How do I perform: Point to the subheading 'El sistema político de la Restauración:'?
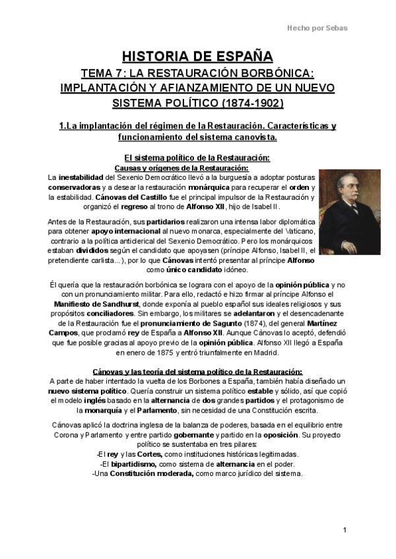coord(197,158)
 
